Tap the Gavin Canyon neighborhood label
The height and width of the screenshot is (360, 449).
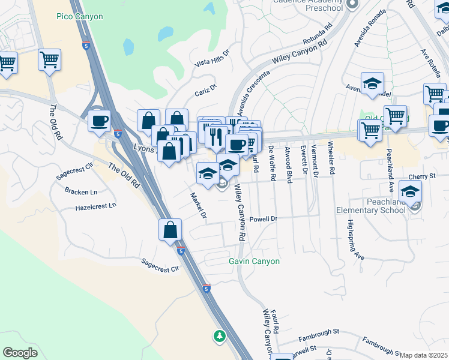[254, 261]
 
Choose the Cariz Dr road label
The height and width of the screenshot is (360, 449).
[205, 93]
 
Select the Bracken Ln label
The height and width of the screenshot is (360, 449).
[81, 191]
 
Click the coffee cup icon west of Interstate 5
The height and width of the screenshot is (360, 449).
[99, 121]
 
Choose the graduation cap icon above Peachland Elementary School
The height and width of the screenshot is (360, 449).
[410, 191]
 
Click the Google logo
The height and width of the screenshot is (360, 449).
[20, 353]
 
